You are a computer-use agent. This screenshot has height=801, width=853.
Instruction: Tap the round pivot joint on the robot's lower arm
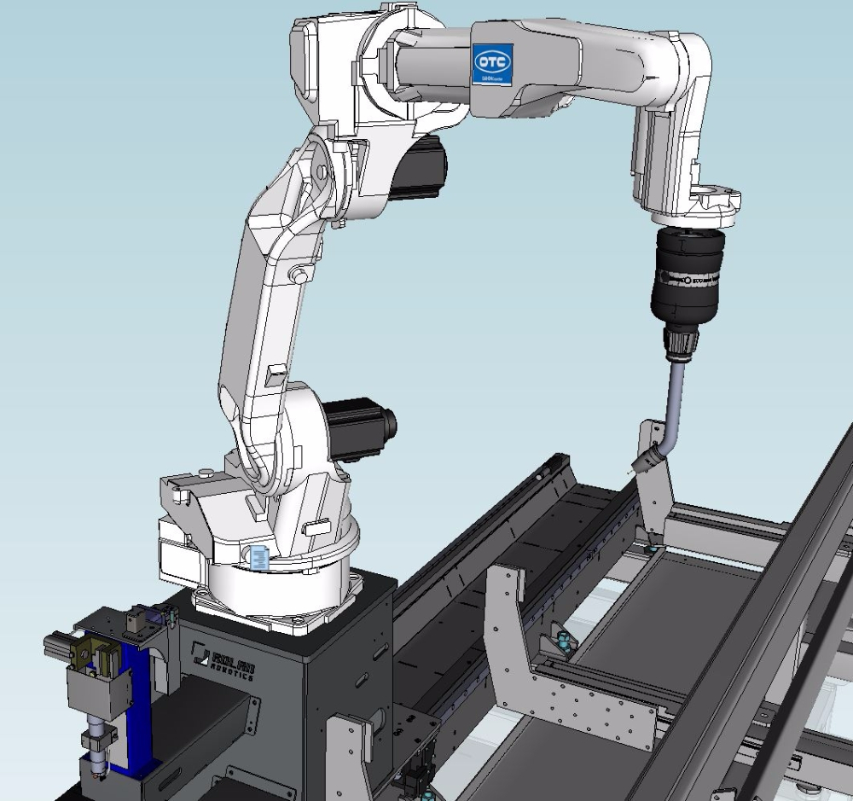pyautogui.click(x=299, y=274)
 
